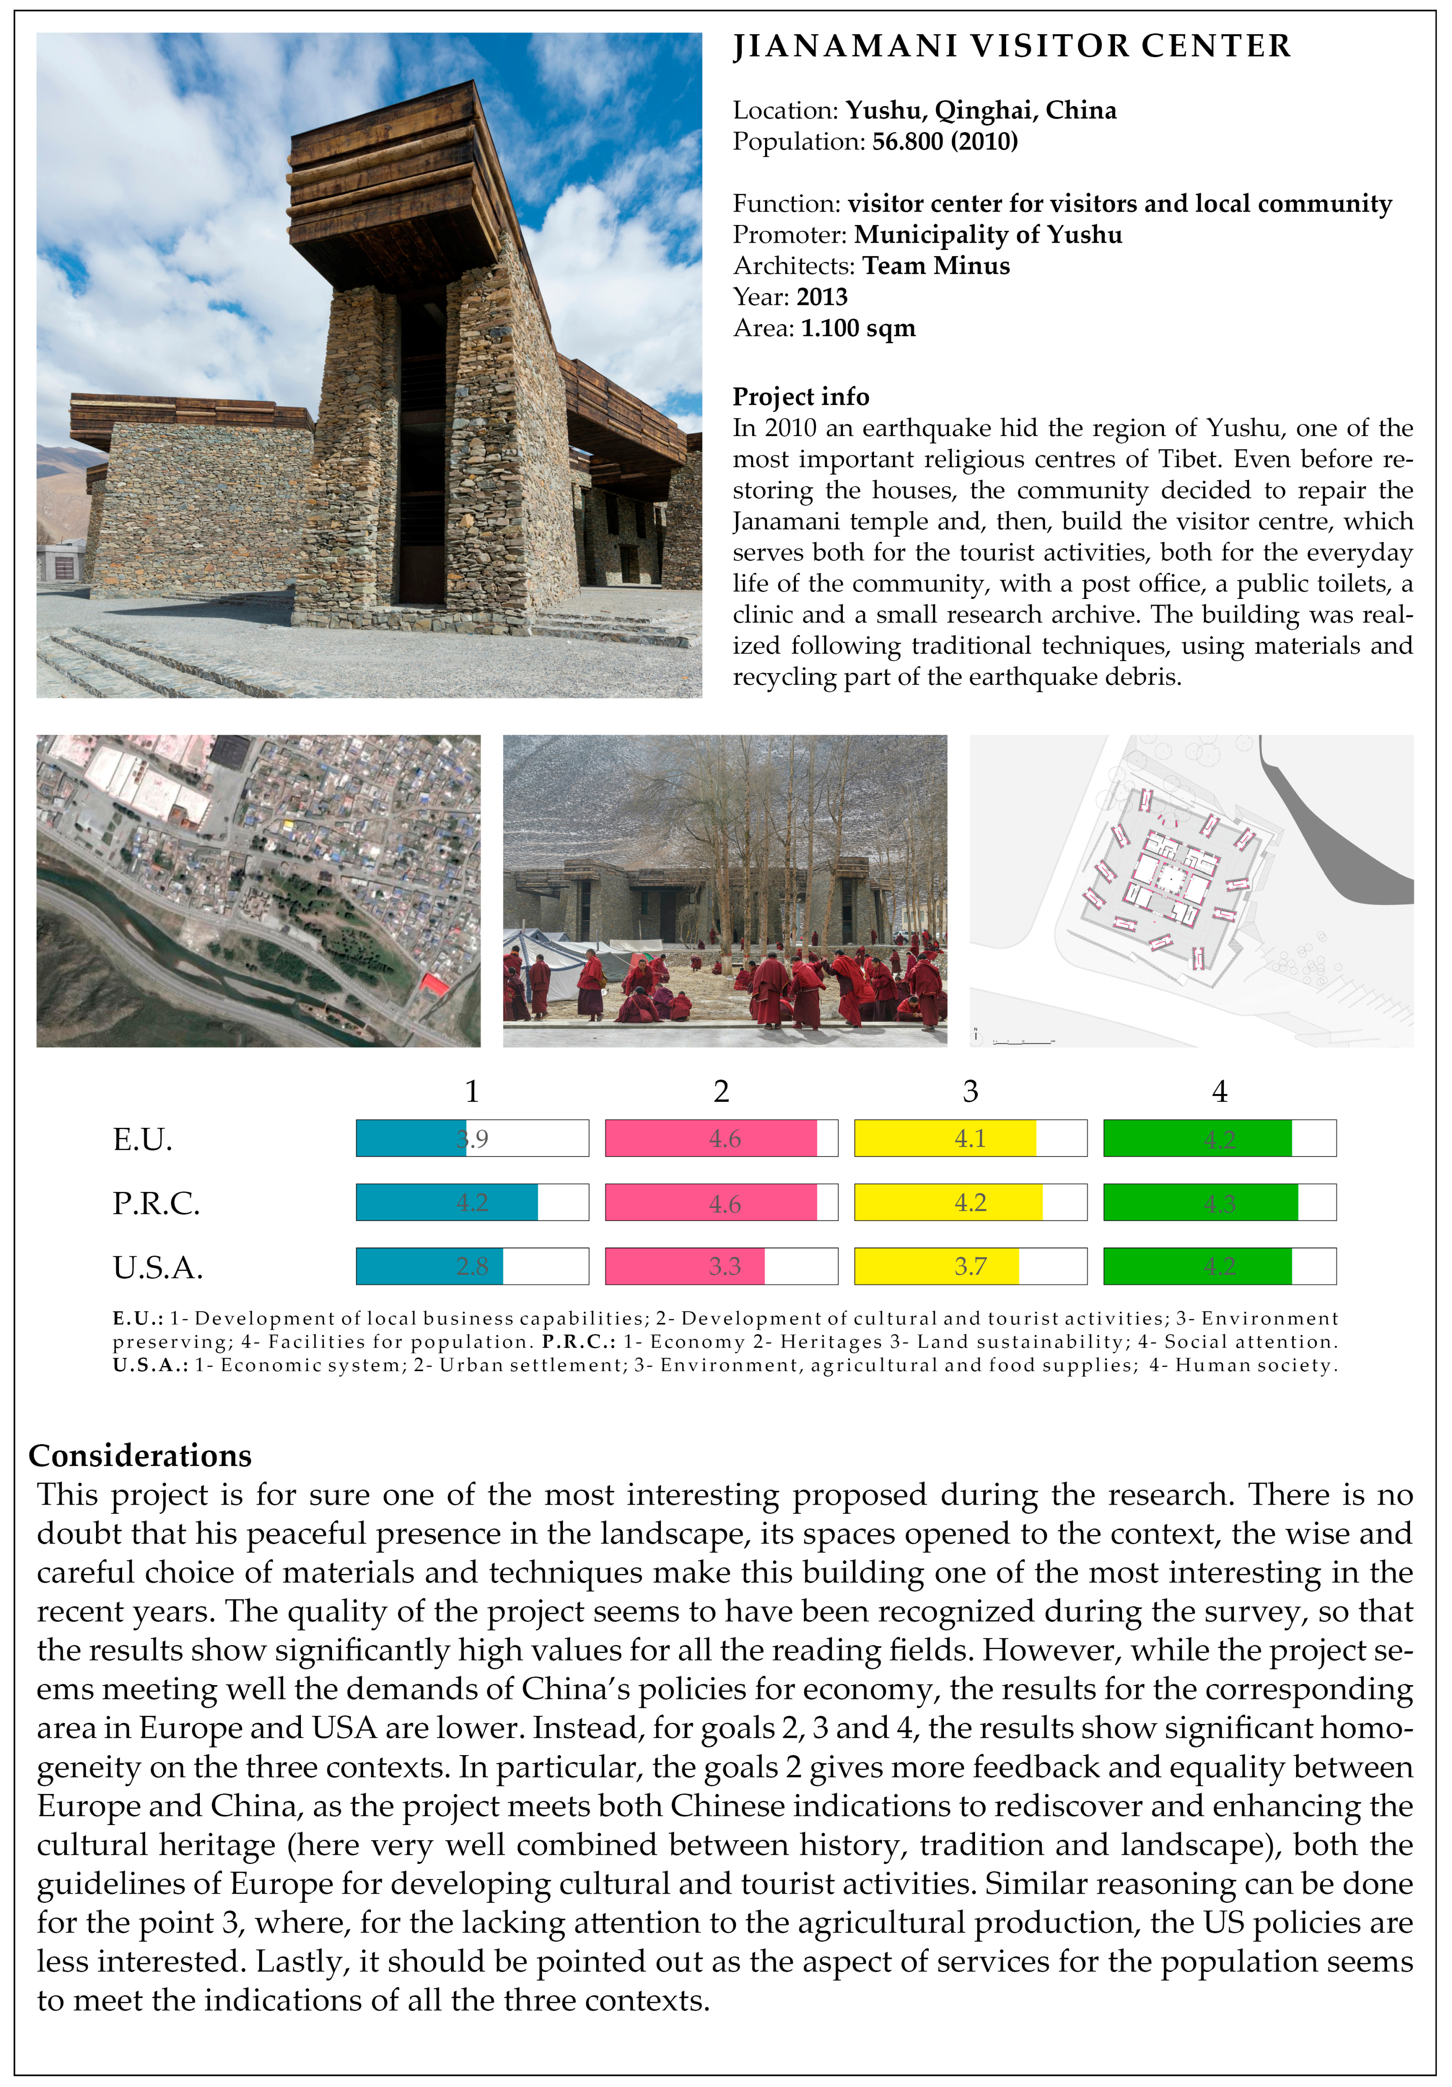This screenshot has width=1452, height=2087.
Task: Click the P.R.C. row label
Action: tap(155, 1203)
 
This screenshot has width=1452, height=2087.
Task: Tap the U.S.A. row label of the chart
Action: tap(157, 1267)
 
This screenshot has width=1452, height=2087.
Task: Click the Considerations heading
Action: tap(140, 1455)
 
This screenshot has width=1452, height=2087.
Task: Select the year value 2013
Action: tap(822, 297)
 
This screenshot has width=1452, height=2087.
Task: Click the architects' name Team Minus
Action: tap(936, 267)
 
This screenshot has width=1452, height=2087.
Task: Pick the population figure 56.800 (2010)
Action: tap(945, 142)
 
